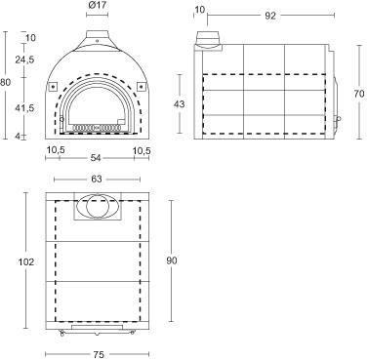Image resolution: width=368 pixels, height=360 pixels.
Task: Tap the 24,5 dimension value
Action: coord(25,60)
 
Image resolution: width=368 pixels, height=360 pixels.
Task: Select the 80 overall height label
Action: coord(6,82)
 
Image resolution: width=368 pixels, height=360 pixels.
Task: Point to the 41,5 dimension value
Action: coord(25,109)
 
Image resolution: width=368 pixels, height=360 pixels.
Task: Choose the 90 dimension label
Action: coord(171,260)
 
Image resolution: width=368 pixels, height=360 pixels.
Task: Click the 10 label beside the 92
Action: coord(199,10)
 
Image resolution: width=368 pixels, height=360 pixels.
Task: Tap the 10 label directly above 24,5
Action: coord(29,38)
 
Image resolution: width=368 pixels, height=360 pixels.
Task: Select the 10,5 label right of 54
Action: coord(141,150)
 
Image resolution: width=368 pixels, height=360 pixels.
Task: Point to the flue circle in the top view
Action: coord(94,208)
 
